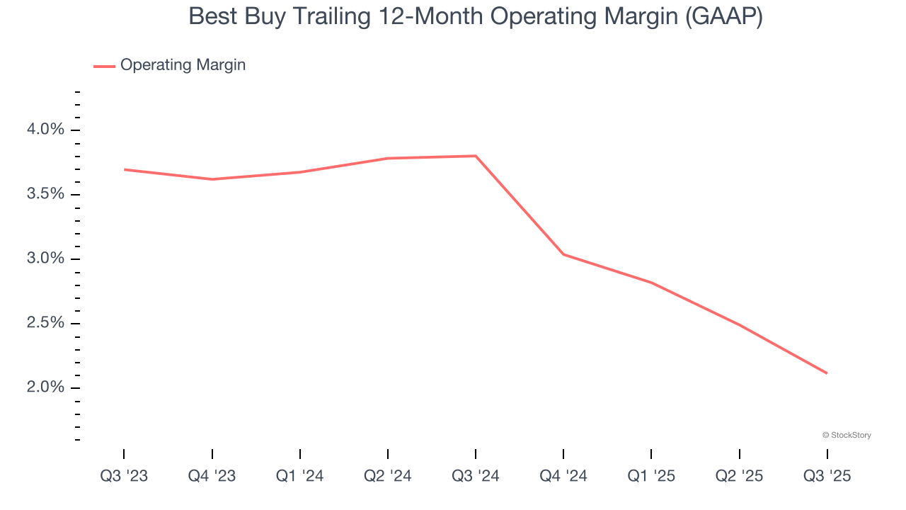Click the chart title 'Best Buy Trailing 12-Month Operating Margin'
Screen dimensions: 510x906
[x=475, y=16]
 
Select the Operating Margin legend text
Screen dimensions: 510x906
[x=183, y=65]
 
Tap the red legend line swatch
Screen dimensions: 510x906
[x=104, y=66]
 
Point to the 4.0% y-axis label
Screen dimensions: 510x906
[x=46, y=130]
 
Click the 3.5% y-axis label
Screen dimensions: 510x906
[x=46, y=194]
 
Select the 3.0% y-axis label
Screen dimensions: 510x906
[x=46, y=259]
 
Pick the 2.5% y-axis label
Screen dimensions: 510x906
[x=46, y=323]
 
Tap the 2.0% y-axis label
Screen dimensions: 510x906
[x=46, y=387]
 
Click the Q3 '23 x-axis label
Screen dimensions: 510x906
[x=124, y=476]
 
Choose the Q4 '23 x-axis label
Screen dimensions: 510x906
[x=212, y=476]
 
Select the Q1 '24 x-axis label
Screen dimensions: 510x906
[x=299, y=476]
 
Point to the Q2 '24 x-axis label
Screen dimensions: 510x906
[x=388, y=476]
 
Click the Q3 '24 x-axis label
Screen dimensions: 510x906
[x=476, y=476]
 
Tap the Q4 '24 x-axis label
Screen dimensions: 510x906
[x=563, y=476]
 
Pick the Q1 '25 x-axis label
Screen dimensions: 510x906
[x=651, y=476]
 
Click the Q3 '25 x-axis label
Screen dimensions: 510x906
[x=827, y=476]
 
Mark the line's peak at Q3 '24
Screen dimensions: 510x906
[x=476, y=156]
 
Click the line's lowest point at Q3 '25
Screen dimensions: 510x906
[x=827, y=373]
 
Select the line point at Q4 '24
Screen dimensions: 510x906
[x=563, y=254]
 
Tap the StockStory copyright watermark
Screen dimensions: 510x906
[x=847, y=435]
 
